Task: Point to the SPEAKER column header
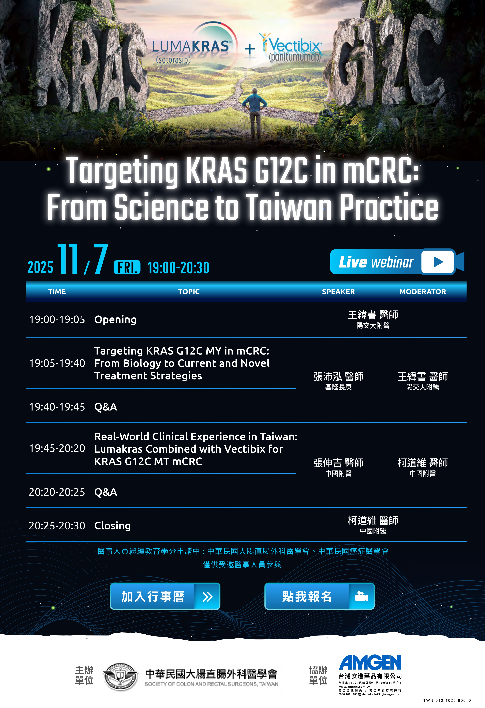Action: [338, 292]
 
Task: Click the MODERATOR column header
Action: [423, 292]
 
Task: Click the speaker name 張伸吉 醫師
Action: [338, 463]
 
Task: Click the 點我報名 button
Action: [319, 596]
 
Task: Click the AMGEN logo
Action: [370, 663]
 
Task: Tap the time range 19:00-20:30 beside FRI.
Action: [178, 268]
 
